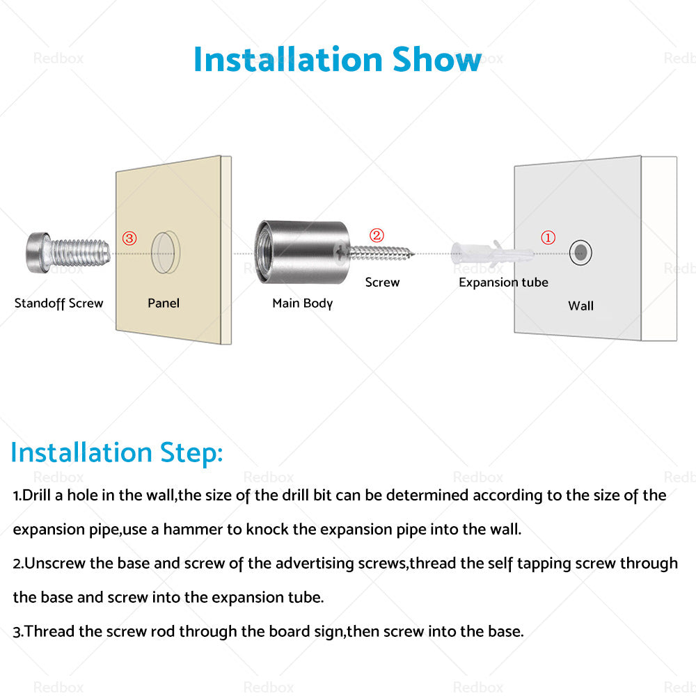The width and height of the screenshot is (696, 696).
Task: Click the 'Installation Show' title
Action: (x=338, y=59)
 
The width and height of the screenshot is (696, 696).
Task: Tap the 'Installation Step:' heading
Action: (x=117, y=453)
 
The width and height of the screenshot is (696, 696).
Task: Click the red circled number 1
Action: (x=548, y=237)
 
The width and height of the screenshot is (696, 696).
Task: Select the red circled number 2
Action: (x=377, y=235)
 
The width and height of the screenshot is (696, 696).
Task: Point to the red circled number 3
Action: (x=129, y=238)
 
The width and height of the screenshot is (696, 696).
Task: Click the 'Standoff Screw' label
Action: (x=58, y=303)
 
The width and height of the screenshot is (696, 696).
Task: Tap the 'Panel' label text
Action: (x=164, y=303)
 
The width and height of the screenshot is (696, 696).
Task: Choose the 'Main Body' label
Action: (x=302, y=303)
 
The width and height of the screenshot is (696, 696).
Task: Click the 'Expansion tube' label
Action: (x=503, y=283)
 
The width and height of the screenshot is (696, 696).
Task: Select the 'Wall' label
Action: (x=580, y=306)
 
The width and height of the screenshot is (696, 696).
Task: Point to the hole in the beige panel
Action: (x=165, y=252)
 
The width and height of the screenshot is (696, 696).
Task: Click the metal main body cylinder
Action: (x=302, y=252)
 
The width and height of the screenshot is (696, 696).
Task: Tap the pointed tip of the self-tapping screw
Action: (x=413, y=254)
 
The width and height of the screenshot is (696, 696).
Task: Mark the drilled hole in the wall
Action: (x=580, y=253)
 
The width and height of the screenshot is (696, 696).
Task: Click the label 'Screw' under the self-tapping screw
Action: (x=382, y=283)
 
